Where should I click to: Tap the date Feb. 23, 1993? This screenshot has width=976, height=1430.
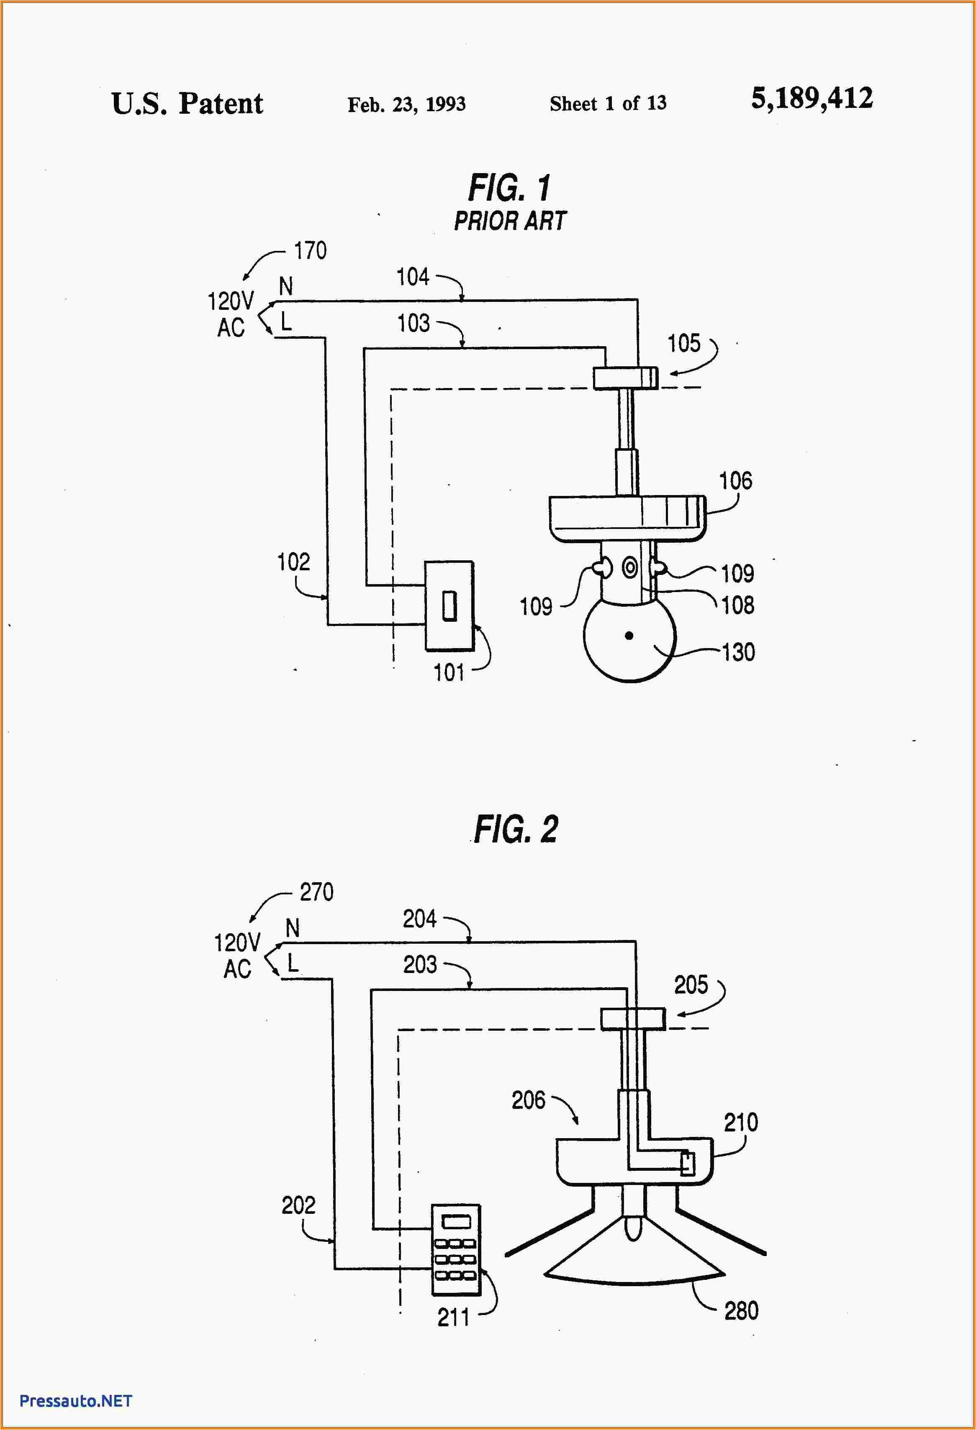click(x=406, y=104)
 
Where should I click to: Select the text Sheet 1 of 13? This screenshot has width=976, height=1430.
click(x=608, y=103)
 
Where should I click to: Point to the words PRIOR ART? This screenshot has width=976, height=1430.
click(x=510, y=221)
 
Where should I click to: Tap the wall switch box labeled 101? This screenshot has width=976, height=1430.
click(x=449, y=606)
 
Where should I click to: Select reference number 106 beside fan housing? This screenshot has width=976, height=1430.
click(x=735, y=480)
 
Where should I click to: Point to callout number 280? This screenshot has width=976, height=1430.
click(x=741, y=1311)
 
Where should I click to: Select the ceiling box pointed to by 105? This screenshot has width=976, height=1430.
click(x=625, y=378)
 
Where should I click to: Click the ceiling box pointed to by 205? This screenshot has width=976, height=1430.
click(x=632, y=1018)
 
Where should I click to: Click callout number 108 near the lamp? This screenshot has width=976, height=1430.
click(x=737, y=605)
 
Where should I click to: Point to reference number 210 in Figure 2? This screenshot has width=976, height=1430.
click(x=740, y=1123)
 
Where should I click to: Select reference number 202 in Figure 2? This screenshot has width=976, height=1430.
click(x=298, y=1205)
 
